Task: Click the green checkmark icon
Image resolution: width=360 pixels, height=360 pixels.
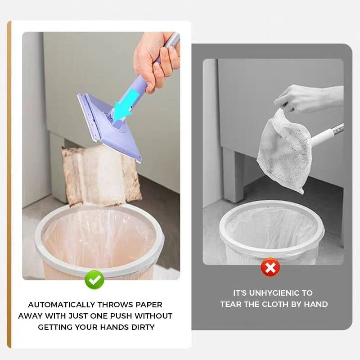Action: coord(94,280)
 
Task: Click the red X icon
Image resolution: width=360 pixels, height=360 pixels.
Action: coord(270,268)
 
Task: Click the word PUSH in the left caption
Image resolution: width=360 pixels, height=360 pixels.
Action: coord(118,316)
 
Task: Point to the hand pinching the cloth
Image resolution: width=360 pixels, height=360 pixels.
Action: coord(306,97)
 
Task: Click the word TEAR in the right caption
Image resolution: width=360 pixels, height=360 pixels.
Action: coord(233,304)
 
